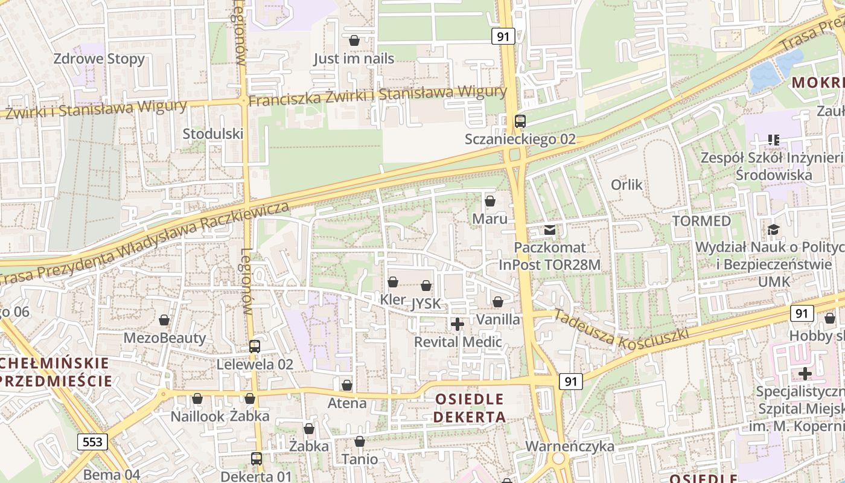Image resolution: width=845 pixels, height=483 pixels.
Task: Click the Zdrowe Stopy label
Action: pos(99,59)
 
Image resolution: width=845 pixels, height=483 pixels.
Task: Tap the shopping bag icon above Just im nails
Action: pos(354,40)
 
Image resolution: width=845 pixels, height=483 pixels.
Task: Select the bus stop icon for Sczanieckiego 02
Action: pos(520,121)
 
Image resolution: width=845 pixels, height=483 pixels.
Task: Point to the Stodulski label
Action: pos(213,133)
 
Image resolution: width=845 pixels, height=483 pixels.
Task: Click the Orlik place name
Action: pos(627,185)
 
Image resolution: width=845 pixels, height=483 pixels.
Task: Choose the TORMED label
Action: pos(701,221)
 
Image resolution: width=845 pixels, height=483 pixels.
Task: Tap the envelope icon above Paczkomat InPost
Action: pos(550,229)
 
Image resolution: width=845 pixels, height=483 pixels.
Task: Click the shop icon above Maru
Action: pos(490,200)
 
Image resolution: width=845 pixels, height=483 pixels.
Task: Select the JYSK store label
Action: pos(426,304)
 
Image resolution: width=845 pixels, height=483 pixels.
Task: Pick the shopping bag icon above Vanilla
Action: pos(498,301)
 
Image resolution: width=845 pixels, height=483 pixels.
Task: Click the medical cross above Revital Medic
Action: pos(458,324)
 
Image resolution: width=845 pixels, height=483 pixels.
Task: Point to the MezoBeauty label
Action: pos(164,338)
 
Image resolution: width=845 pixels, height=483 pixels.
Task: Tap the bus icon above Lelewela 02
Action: pos(255,347)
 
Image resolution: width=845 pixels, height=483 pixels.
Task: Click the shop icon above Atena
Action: pos(347,385)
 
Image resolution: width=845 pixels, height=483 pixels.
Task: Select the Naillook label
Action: pos(197,416)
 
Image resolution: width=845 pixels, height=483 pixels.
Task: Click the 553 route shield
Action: pos(92,442)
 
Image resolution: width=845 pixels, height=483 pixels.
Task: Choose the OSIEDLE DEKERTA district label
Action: pos(469,408)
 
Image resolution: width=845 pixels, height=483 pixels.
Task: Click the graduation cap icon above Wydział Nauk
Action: pos(773,229)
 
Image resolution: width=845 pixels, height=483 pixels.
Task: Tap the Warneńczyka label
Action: pos(570,447)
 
